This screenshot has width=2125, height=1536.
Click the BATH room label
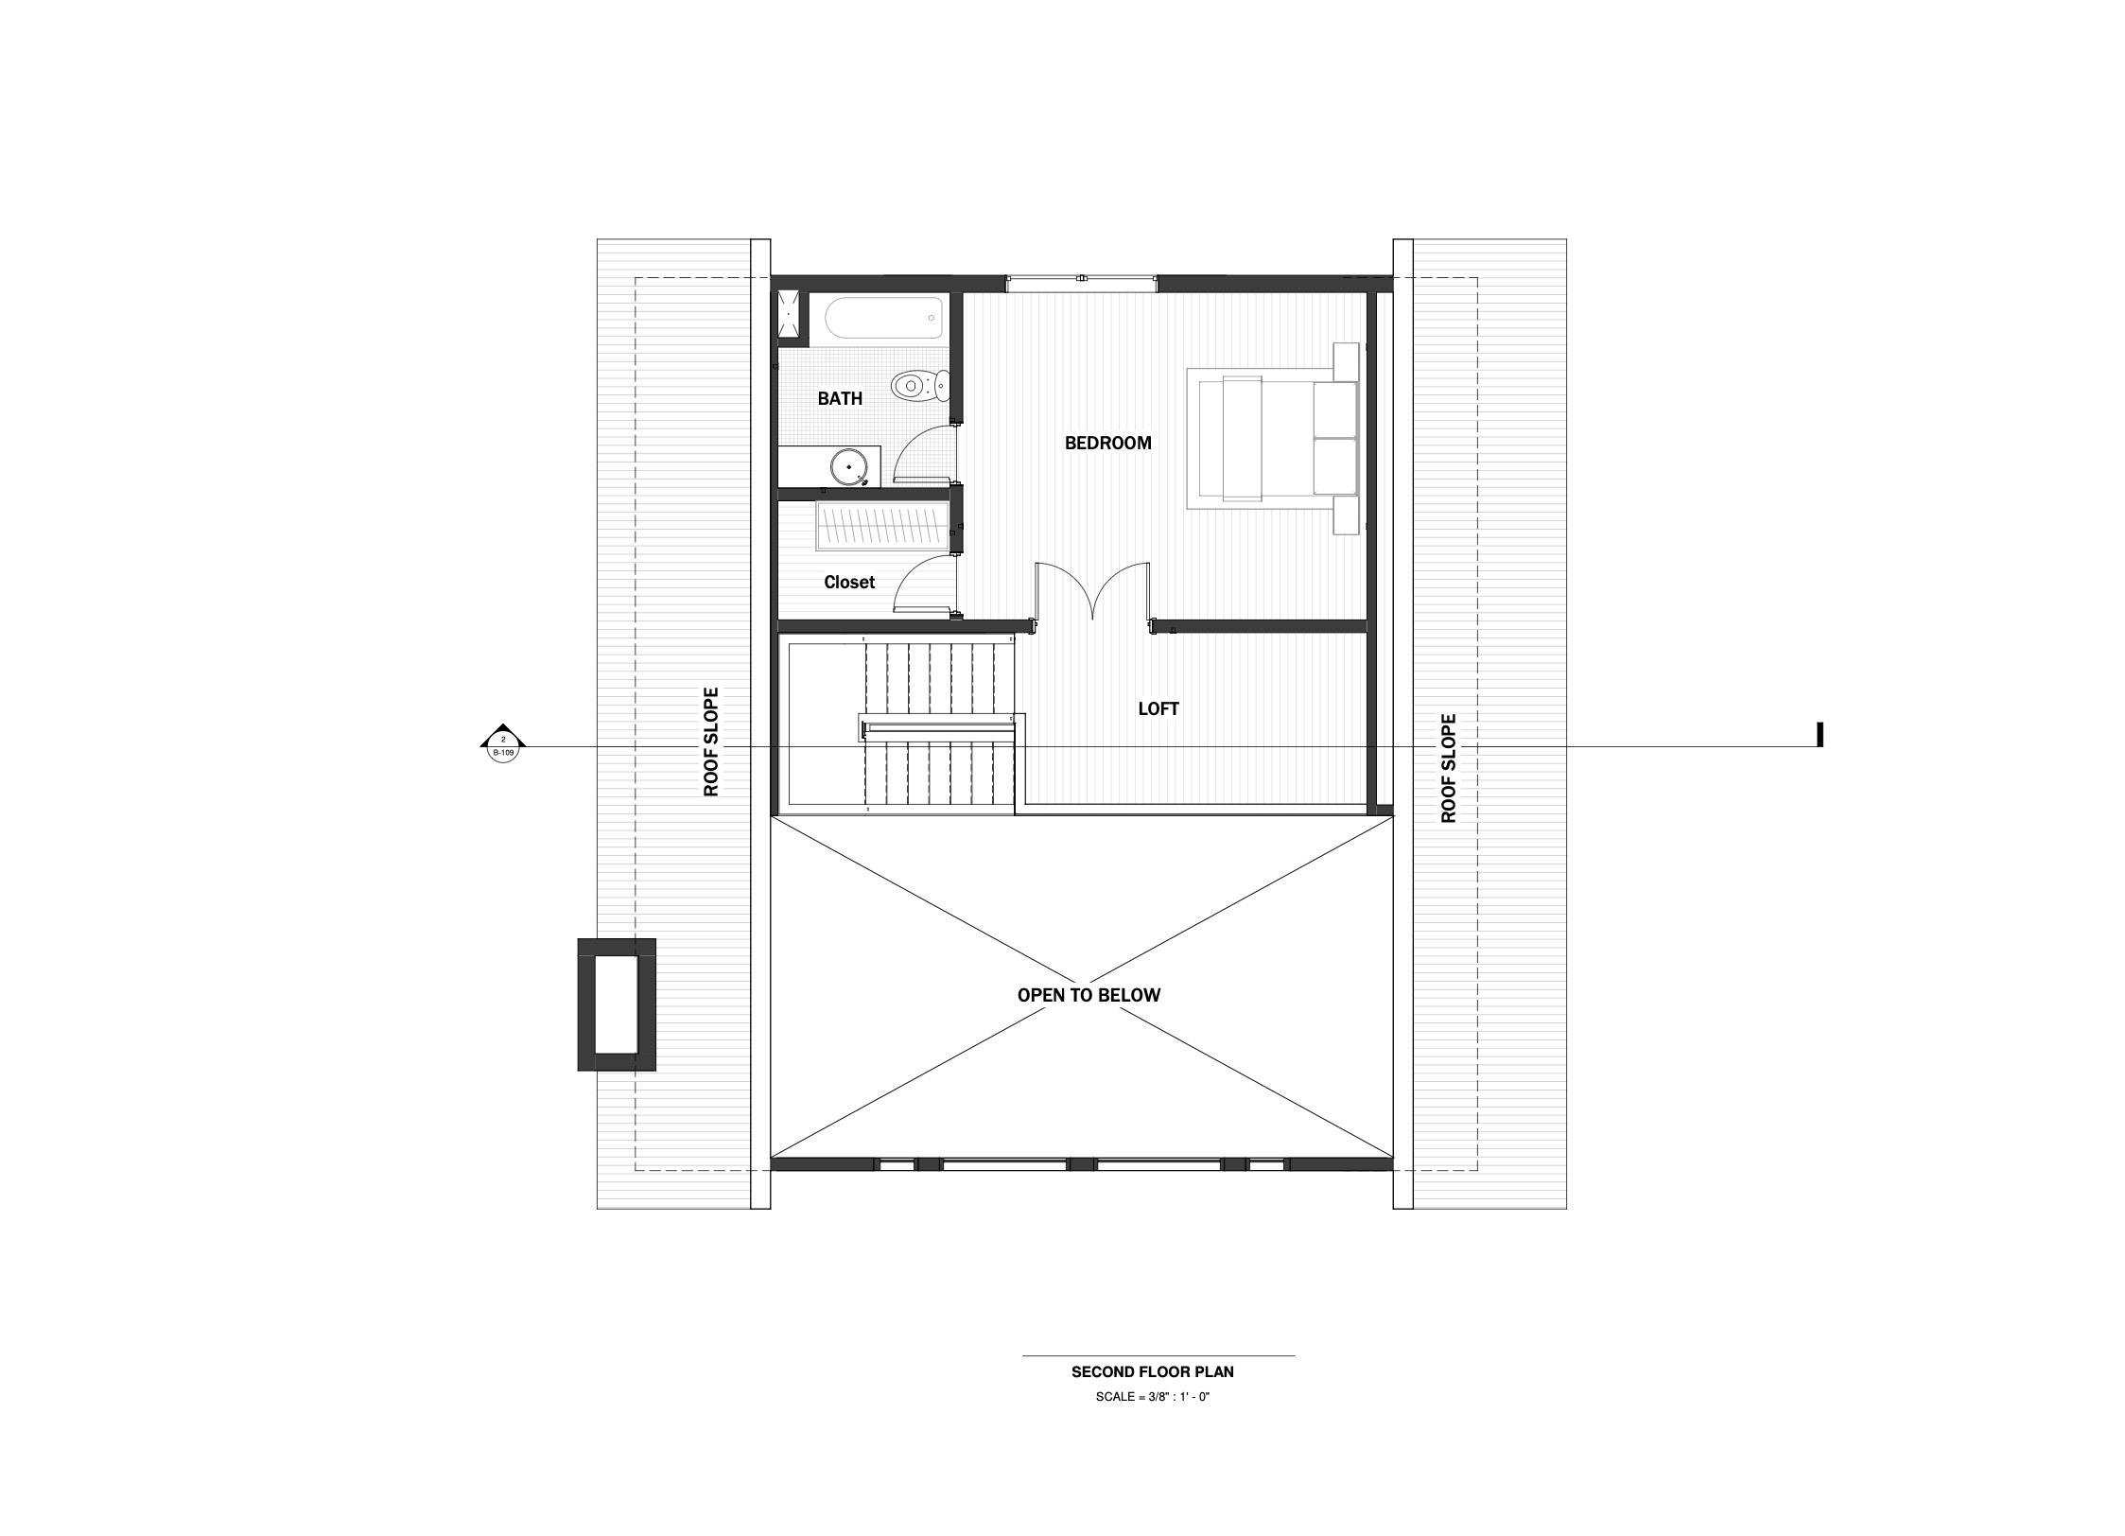point(840,398)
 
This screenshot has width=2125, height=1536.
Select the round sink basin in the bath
point(848,466)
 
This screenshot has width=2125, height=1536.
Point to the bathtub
point(884,319)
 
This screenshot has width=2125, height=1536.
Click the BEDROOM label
point(1107,443)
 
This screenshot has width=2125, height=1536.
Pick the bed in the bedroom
point(1272,439)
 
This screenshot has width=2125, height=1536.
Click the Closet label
point(848,582)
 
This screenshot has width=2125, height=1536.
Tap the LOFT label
point(1158,708)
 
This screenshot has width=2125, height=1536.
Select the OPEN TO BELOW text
point(1088,995)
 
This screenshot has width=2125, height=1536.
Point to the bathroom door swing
point(925,454)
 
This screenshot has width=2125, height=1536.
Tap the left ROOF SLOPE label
point(711,742)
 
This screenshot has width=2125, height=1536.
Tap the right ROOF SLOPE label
point(1448,768)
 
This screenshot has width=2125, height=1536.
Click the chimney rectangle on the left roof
point(617,1004)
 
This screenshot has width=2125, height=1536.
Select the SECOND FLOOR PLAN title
point(1152,1371)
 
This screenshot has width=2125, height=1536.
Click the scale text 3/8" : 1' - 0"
point(1152,1397)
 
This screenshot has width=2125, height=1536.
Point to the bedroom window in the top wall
point(1081,282)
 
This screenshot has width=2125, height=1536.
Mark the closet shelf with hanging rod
point(881,527)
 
